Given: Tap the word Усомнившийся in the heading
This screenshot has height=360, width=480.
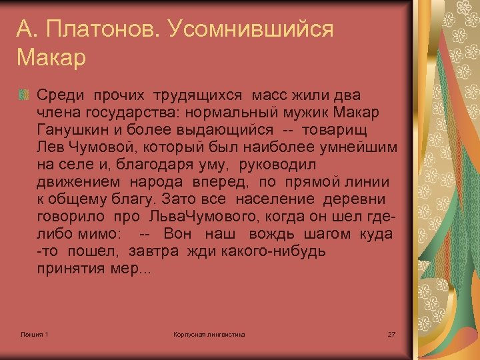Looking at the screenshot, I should pos(251,29).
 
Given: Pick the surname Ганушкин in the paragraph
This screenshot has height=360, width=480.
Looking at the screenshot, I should pos(73,128).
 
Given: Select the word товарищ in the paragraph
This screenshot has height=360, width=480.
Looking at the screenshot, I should pos(336,128).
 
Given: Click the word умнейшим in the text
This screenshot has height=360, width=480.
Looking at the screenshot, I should pos(364,147).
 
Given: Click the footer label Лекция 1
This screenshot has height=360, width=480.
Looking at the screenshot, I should pos(35,333).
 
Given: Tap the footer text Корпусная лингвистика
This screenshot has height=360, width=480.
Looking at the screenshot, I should pos(209,333).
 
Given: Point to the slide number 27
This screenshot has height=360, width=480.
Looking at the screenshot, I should pos(391,333).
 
